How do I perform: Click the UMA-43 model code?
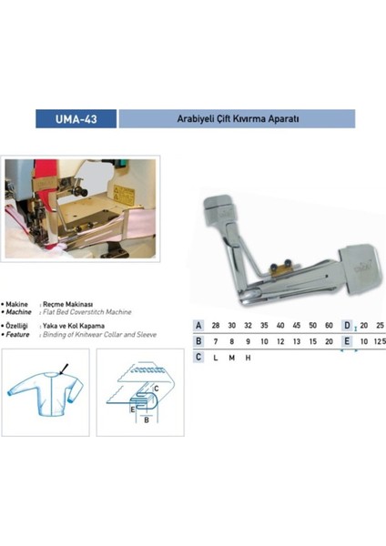pyautogui.click(x=76, y=119)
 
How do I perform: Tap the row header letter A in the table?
pyautogui.click(x=198, y=325)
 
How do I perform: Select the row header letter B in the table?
pyautogui.click(x=198, y=340)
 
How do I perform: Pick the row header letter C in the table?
pyautogui.click(x=198, y=357)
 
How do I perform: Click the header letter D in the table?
pyautogui.click(x=347, y=325)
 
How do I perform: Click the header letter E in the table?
pyautogui.click(x=347, y=340)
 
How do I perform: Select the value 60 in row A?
pyautogui.click(x=328, y=325)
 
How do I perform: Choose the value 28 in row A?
pyautogui.click(x=216, y=325)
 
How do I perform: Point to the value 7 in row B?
pyautogui.click(x=216, y=340)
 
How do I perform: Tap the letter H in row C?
pyautogui.click(x=248, y=357)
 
